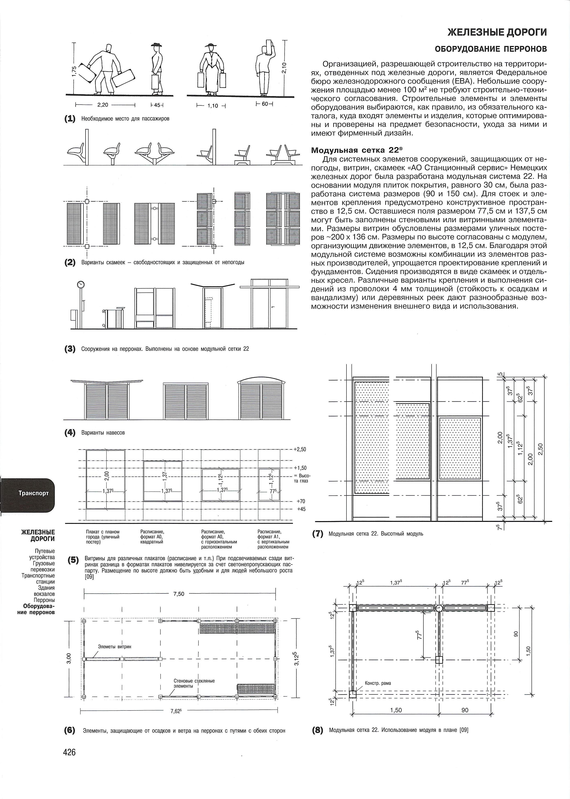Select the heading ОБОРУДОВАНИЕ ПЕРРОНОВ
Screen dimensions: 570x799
coord(491,49)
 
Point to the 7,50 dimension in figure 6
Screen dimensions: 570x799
coord(179,594)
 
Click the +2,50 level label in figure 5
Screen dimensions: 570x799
coord(300,449)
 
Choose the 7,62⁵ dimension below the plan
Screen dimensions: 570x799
coord(176,711)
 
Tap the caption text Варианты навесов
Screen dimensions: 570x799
coord(103,433)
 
